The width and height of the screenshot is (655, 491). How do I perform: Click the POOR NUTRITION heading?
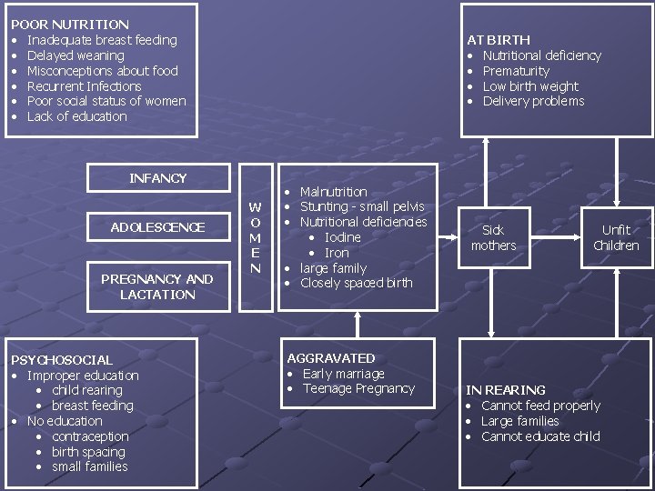69,25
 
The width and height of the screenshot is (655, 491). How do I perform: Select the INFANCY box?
157,178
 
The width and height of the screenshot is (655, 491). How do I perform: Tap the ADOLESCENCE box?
157,227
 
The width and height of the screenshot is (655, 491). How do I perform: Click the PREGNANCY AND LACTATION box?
157,286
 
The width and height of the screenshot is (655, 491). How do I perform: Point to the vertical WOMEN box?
256,237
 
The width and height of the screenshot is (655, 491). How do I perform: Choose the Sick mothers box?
493,237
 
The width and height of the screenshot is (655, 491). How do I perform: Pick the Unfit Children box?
616,237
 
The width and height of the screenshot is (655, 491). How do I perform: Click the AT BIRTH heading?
498,40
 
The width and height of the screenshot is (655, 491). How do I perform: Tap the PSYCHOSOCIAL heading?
62,360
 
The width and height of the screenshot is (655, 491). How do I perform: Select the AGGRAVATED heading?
330,358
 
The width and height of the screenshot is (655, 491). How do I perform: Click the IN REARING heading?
506,390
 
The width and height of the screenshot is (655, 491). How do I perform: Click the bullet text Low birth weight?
530,86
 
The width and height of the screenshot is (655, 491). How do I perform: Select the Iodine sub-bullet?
342,237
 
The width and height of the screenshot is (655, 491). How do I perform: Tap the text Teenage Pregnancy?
358,389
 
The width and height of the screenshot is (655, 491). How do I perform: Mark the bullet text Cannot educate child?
540,436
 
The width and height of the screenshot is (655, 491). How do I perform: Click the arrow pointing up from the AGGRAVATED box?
356,324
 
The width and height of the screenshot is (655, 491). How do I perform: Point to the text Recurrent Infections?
84,86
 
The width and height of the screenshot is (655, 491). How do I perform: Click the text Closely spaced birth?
356,284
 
